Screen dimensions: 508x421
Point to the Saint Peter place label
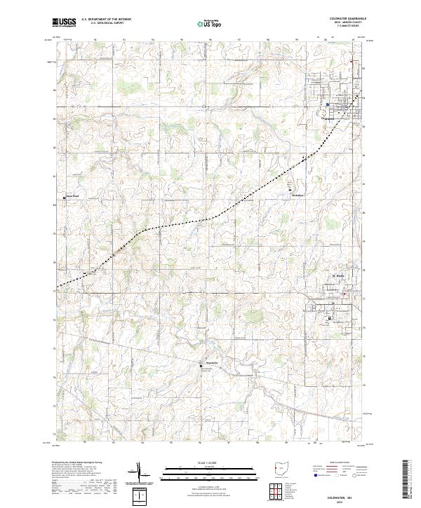pyautogui.click(x=73, y=195)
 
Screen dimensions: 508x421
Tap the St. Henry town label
pyautogui.click(x=338, y=277)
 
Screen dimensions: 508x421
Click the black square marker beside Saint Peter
pyautogui.click(x=65, y=198)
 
